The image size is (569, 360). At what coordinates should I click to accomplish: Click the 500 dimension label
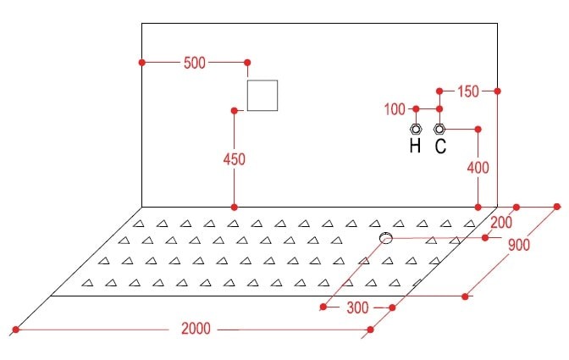(x=194, y=64)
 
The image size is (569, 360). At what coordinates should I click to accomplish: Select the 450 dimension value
(x=235, y=158)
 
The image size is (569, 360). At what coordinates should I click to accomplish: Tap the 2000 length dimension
(x=196, y=329)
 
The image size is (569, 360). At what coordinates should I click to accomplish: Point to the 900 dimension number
(x=520, y=246)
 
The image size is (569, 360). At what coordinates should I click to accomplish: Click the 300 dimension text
(x=358, y=308)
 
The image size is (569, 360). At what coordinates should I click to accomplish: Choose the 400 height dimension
(x=478, y=168)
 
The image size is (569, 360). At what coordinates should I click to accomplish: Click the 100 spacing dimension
(x=395, y=109)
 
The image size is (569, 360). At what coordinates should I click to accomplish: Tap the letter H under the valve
(x=415, y=147)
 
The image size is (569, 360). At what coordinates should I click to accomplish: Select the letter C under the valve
(x=440, y=147)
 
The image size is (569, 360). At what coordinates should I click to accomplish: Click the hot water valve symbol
(x=416, y=129)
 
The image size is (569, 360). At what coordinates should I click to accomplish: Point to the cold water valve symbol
(x=439, y=129)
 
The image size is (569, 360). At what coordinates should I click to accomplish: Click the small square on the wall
(x=262, y=96)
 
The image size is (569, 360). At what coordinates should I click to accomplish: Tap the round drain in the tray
(x=386, y=239)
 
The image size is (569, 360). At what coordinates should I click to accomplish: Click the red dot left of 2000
(x=15, y=329)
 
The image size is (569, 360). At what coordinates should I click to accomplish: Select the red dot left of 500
(x=142, y=63)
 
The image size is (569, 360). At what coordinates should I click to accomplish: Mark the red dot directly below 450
(x=235, y=207)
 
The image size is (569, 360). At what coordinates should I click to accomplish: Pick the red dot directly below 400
(x=478, y=207)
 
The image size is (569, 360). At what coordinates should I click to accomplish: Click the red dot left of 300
(x=323, y=307)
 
